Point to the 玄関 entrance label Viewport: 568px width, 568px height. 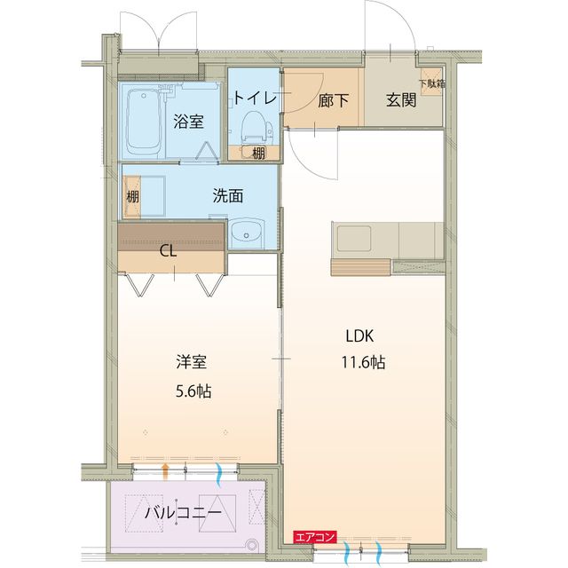(x=401, y=100)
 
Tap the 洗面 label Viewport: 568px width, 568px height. (x=228, y=196)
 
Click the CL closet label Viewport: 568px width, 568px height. (x=168, y=250)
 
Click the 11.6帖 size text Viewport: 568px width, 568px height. (x=365, y=362)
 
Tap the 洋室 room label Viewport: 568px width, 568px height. (x=191, y=362)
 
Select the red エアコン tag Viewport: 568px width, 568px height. (x=314, y=536)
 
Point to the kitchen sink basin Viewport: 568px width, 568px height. (x=354, y=238)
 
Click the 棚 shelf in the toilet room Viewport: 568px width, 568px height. (x=256, y=153)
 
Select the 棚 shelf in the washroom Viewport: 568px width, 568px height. (x=131, y=197)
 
